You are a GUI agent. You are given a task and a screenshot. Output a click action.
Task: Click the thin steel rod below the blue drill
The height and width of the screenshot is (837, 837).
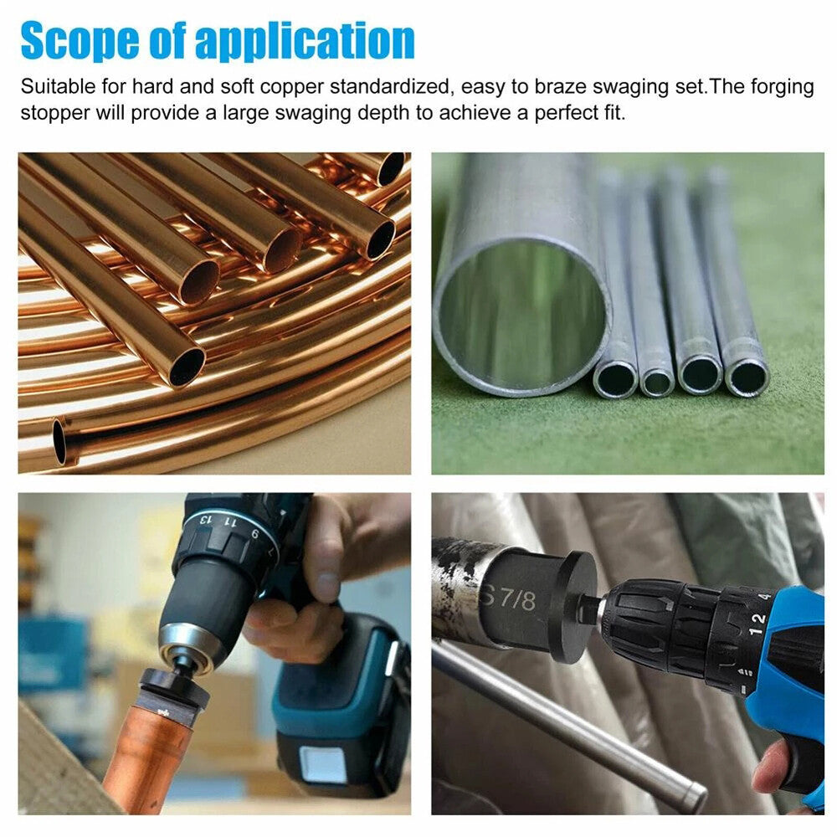point(569,720)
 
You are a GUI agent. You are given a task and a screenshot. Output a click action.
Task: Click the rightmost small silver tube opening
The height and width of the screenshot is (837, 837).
point(744,378)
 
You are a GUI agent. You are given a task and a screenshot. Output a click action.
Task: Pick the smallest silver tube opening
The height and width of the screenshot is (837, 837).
point(657,382)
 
